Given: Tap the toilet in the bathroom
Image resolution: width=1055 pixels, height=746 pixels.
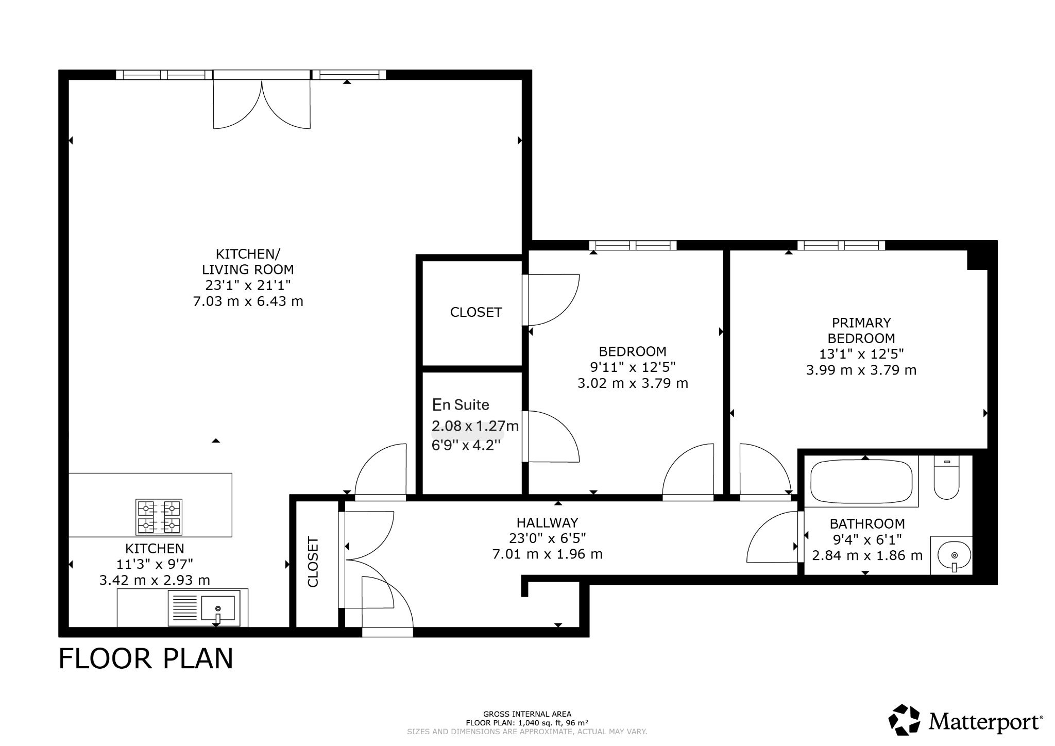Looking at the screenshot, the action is point(947,478).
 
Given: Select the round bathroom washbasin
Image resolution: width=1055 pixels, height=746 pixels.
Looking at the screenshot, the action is point(954,556).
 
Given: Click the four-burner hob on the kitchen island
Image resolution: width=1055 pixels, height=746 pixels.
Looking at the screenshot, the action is point(159,517).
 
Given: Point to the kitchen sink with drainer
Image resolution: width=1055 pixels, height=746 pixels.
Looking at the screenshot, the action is point(204,608).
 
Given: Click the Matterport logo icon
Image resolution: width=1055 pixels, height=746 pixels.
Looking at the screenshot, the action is point(905,719).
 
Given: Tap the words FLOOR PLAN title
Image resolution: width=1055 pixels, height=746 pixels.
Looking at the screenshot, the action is point(146,659).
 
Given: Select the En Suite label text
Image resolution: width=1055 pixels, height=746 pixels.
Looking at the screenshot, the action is point(461,405).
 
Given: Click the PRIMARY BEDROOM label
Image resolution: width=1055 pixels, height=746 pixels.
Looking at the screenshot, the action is point(861,331).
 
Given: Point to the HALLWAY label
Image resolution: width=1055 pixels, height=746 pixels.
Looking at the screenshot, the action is point(547,522).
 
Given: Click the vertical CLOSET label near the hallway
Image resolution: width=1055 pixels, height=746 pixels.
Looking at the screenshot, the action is point(313,562).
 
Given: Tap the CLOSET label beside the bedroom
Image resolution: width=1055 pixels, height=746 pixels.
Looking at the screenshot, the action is point(476,312).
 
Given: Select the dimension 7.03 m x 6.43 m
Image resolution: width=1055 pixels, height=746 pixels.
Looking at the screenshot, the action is point(248,301).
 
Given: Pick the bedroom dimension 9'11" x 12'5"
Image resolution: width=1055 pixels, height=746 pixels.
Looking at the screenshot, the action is point(633,367).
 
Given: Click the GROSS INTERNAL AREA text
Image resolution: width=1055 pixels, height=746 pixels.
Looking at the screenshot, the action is point(527,714).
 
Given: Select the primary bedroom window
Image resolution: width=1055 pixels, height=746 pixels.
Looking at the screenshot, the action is point(841,245).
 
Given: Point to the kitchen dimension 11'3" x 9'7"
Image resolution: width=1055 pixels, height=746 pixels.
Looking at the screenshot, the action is point(155,564).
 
